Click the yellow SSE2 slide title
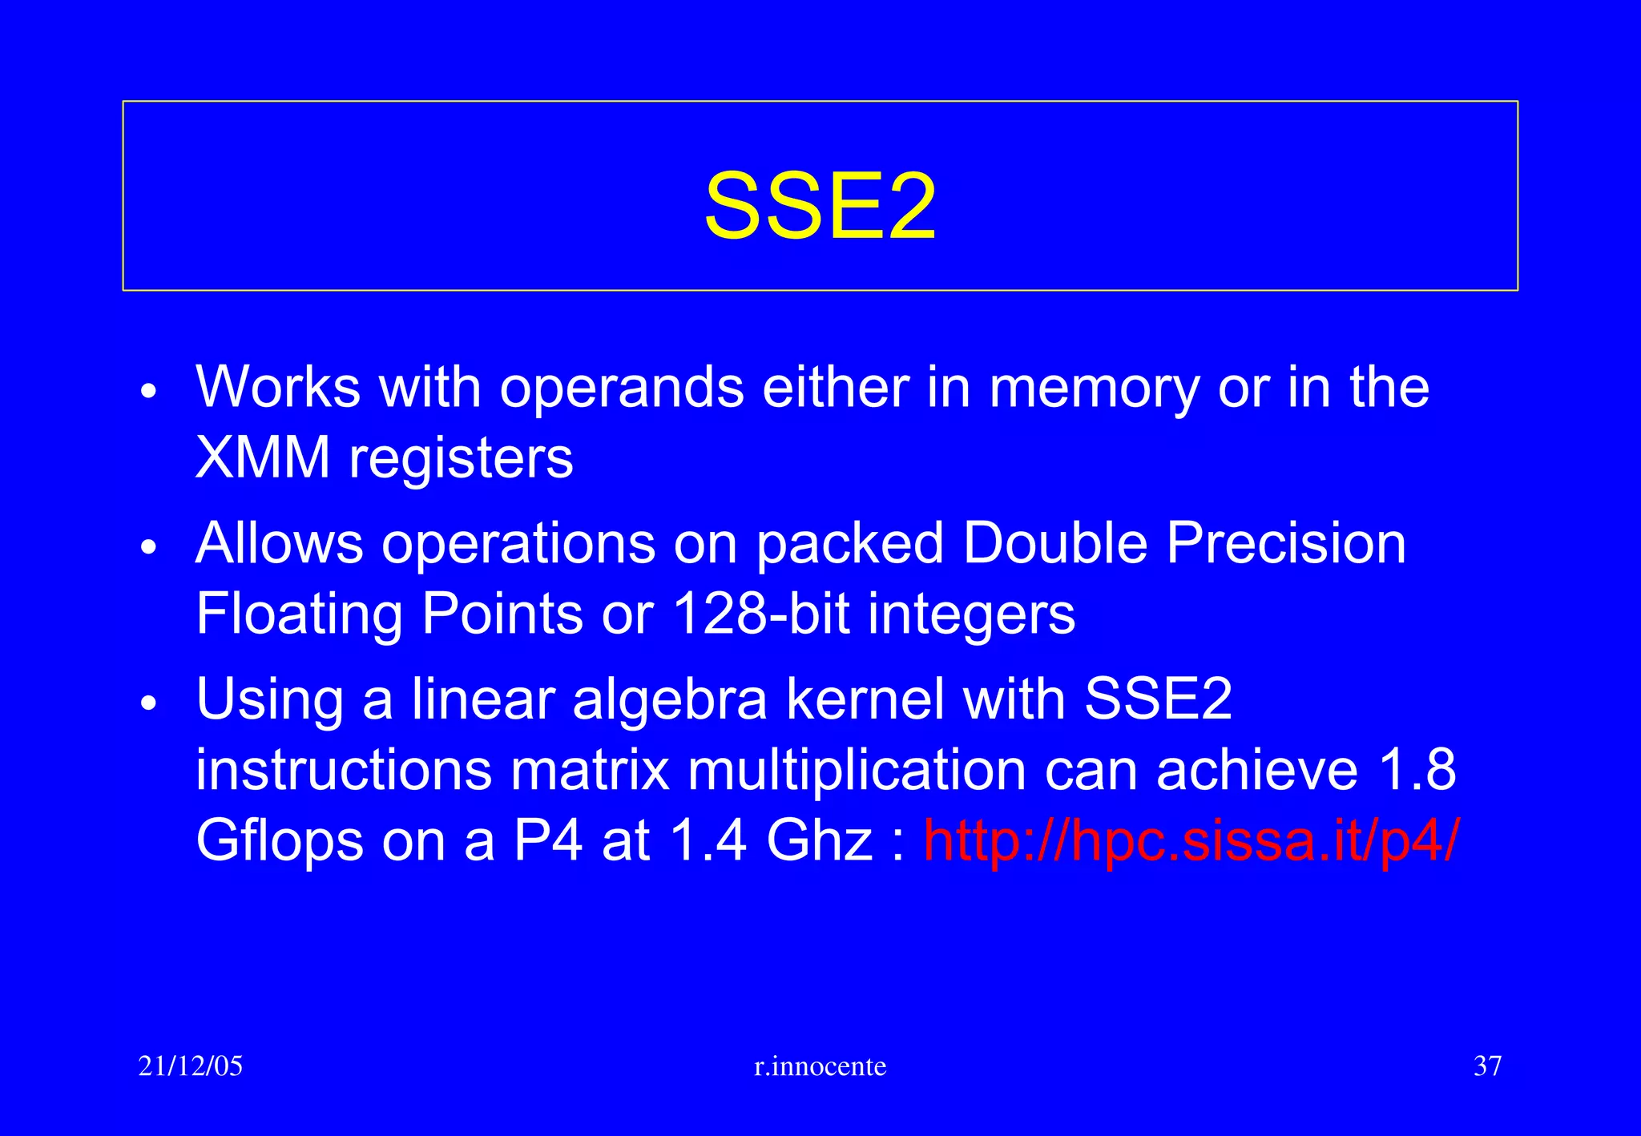pos(820,207)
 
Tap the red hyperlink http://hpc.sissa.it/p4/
pos(1191,840)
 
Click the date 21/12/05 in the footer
pos(191,1066)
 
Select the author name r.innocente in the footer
pos(820,1066)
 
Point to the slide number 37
pos(1487,1066)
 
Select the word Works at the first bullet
pos(278,388)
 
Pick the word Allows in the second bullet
pos(280,543)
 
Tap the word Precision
pos(1286,543)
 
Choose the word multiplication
pos(857,771)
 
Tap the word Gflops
pos(280,842)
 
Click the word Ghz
pos(819,841)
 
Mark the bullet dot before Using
pos(149,703)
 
